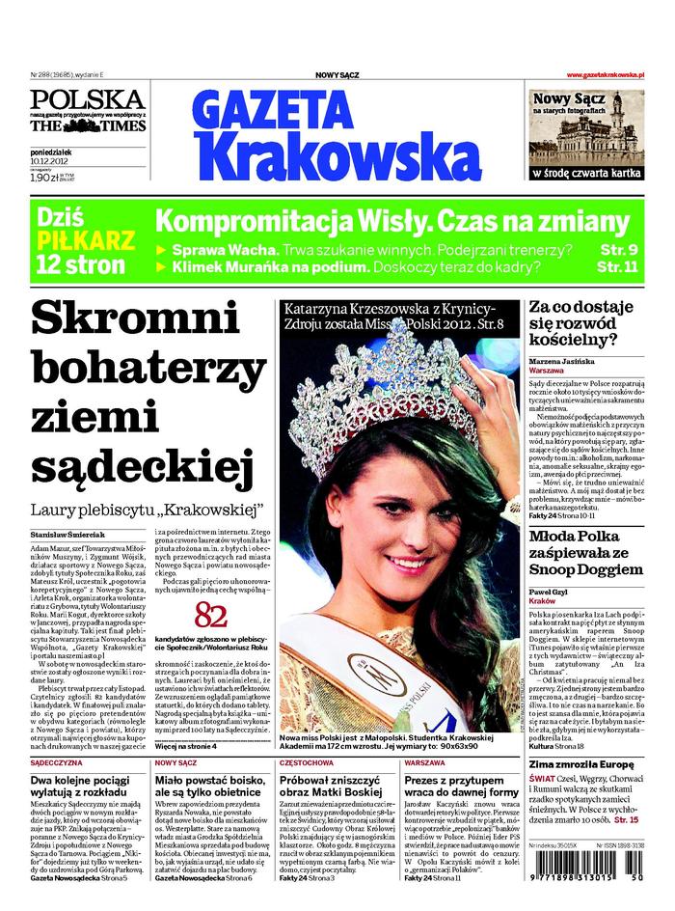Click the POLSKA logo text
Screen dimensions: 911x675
[x=87, y=99]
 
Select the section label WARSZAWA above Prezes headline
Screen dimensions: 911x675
[x=425, y=762]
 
